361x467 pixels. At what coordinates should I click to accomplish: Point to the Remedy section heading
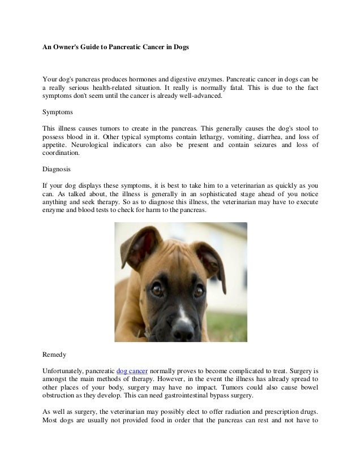pyautogui.click(x=55, y=354)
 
